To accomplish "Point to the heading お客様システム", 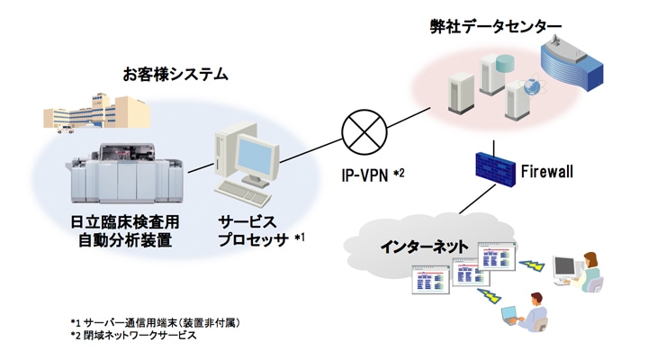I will pyautogui.click(x=175, y=74).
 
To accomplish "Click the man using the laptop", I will pyautogui.click(x=533, y=310).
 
